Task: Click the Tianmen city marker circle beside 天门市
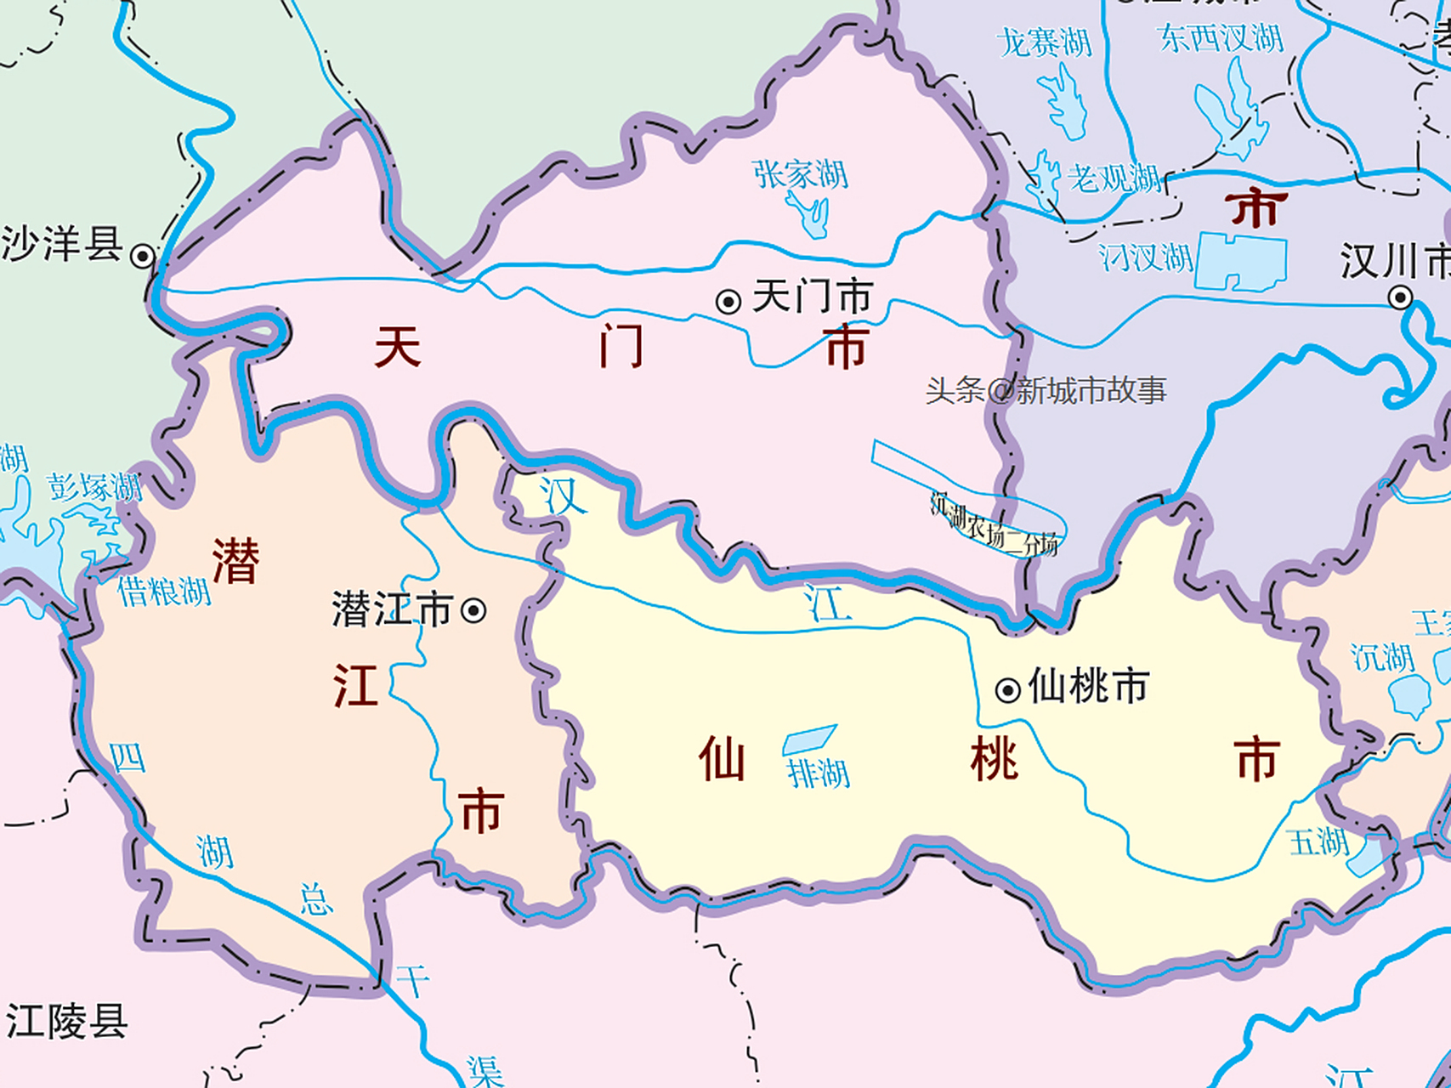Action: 728,302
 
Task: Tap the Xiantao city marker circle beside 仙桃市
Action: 1007,689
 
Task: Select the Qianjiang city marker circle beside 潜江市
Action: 473,610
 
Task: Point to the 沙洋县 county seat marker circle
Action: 143,255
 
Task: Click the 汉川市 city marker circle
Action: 1400,297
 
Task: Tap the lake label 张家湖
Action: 801,174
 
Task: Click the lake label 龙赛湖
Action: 1044,42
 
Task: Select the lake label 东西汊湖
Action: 1220,37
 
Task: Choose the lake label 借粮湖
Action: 164,591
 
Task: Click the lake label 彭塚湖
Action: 94,488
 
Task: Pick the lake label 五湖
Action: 1318,842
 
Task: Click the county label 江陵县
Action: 66,1021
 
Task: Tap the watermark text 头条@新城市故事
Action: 1046,391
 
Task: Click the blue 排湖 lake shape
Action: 808,739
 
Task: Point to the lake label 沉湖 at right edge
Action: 1383,657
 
